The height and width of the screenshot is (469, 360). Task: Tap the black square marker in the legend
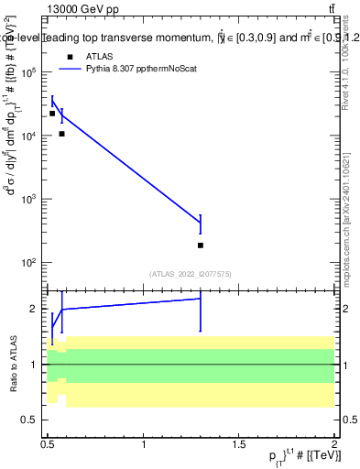tap(69, 57)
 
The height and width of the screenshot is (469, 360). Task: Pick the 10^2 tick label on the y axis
tap(27, 262)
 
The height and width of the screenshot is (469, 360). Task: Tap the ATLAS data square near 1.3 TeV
tap(201, 245)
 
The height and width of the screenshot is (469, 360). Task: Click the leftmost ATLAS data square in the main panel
tap(52, 114)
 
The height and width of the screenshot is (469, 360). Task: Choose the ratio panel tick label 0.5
tap(31, 420)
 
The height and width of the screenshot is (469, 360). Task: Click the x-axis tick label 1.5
tap(239, 444)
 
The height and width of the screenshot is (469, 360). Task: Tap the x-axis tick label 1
tap(144, 444)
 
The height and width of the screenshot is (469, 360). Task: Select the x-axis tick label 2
tap(334, 444)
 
